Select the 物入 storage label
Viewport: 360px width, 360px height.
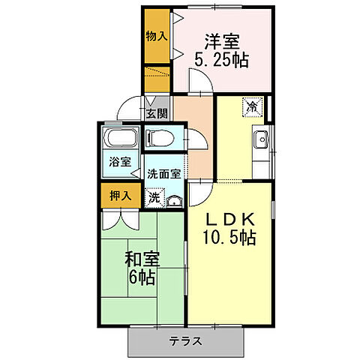coord(156,35)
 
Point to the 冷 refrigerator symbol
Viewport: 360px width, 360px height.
coord(253,107)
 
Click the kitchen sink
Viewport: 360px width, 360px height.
coord(262,139)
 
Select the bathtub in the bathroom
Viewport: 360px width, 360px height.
coord(119,138)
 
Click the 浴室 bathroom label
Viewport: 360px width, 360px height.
coord(119,161)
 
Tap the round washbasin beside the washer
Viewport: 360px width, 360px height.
coord(174,200)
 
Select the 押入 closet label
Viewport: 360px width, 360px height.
coord(120,196)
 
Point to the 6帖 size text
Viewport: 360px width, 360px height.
coord(142,279)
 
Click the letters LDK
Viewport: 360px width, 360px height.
coord(231,220)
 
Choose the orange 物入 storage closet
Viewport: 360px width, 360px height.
coord(157,45)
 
